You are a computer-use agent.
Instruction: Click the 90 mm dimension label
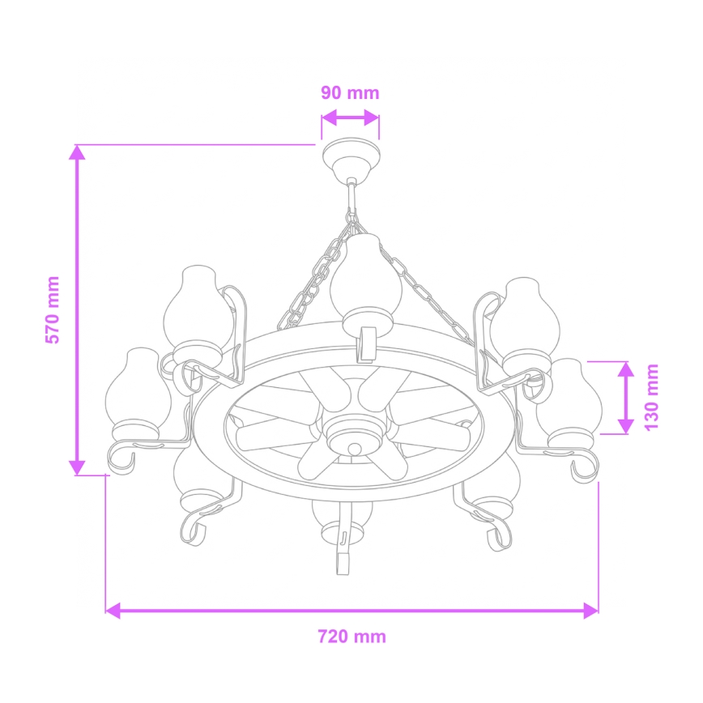click(x=350, y=92)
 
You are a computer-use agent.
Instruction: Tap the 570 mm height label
click(x=53, y=310)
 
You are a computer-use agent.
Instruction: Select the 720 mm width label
click(x=351, y=636)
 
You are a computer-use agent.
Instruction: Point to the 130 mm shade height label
click(x=652, y=397)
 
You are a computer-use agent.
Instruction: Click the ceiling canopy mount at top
click(x=350, y=158)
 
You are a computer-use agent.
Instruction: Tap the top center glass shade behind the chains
click(x=365, y=279)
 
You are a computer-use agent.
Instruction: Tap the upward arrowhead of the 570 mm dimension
click(x=77, y=154)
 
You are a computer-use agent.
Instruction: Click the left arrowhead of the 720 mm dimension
click(x=114, y=610)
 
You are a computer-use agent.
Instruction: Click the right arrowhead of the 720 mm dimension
click(x=590, y=610)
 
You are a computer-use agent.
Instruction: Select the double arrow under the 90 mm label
click(x=350, y=117)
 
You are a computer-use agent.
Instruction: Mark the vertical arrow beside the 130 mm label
click(x=625, y=397)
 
